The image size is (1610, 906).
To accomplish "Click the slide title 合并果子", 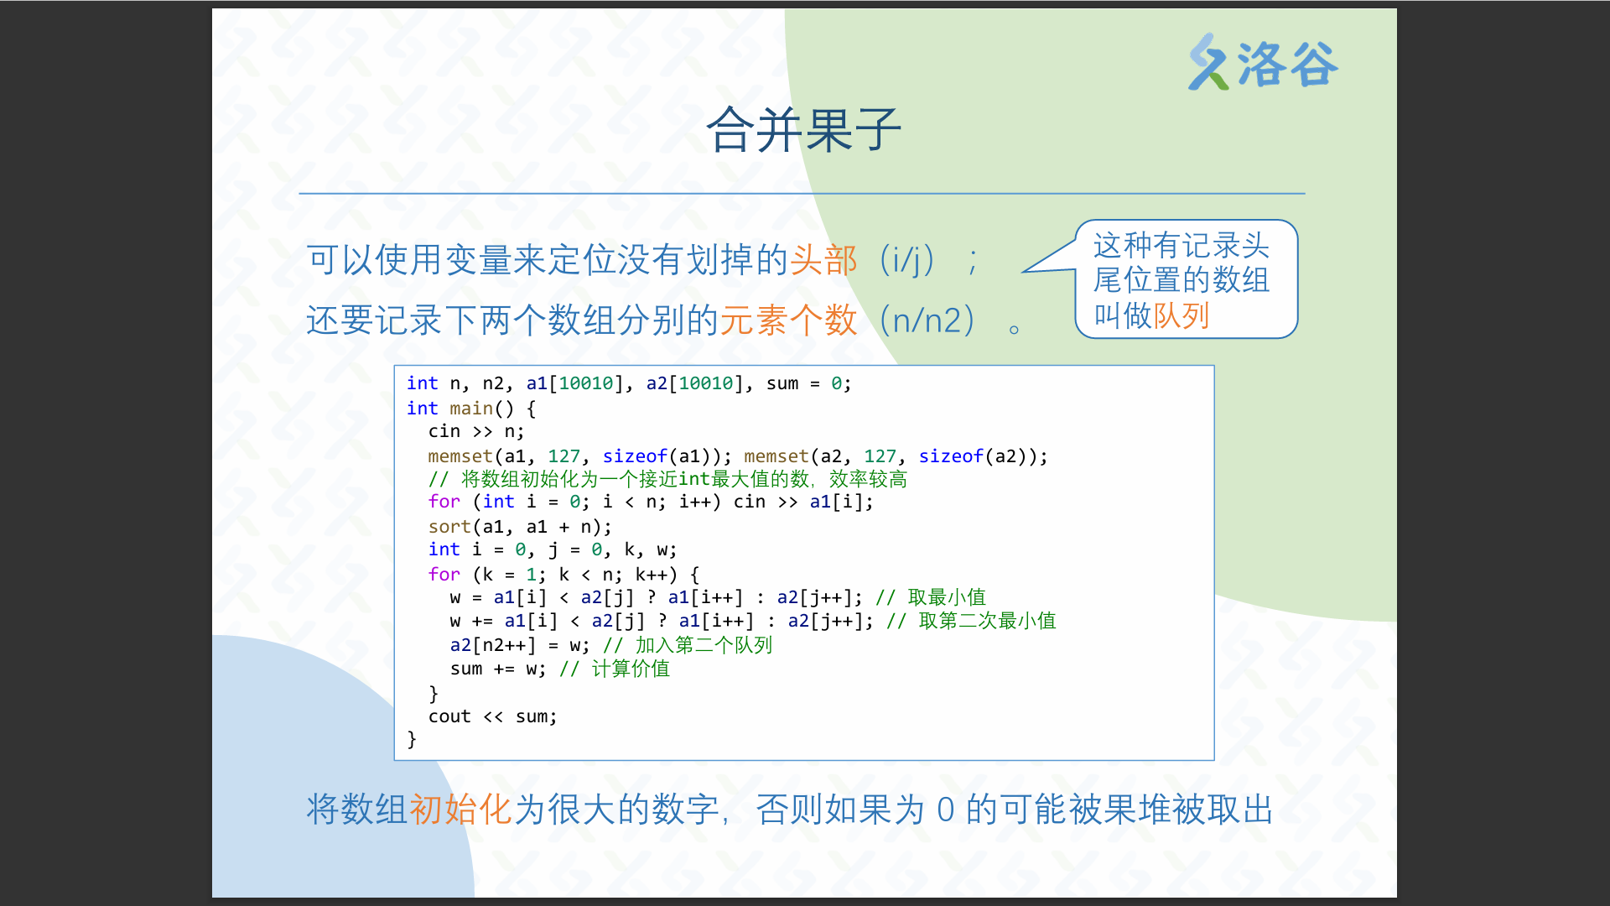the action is pyautogui.click(x=803, y=130).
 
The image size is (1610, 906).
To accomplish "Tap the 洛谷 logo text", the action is pyautogui.click(x=1288, y=65).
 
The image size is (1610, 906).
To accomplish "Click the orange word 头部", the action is pyautogui.click(x=823, y=260).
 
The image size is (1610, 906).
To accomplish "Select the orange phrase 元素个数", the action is pyautogui.click(x=789, y=320).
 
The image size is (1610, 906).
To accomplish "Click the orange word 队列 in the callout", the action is pyautogui.click(x=1182, y=316).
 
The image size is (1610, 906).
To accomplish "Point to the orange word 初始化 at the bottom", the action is pyautogui.click(x=460, y=810).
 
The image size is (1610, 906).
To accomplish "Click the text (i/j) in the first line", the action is pyautogui.click(x=907, y=260).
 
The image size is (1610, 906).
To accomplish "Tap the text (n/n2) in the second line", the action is pyautogui.click(x=927, y=320).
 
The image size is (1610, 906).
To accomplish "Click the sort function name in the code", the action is pyautogui.click(x=449, y=527).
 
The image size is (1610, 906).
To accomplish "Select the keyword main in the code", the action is pyautogui.click(x=471, y=409).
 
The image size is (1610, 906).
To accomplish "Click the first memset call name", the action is pyautogui.click(x=460, y=456).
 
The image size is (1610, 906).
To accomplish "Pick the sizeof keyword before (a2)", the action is pyautogui.click(x=951, y=456).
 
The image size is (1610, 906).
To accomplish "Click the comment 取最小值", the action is pyautogui.click(x=947, y=597).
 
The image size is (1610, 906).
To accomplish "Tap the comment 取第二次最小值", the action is pyautogui.click(x=987, y=621).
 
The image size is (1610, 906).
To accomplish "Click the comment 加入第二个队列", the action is pyautogui.click(x=704, y=645).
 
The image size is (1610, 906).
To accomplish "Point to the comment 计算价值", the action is pyautogui.click(x=631, y=669).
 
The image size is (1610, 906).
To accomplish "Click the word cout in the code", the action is pyautogui.click(x=449, y=716).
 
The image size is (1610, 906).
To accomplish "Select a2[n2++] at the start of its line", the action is pyautogui.click(x=493, y=645).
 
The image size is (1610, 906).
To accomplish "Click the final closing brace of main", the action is pyautogui.click(x=412, y=739).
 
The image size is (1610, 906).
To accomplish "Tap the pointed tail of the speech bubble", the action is pyautogui.click(x=1023, y=272).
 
